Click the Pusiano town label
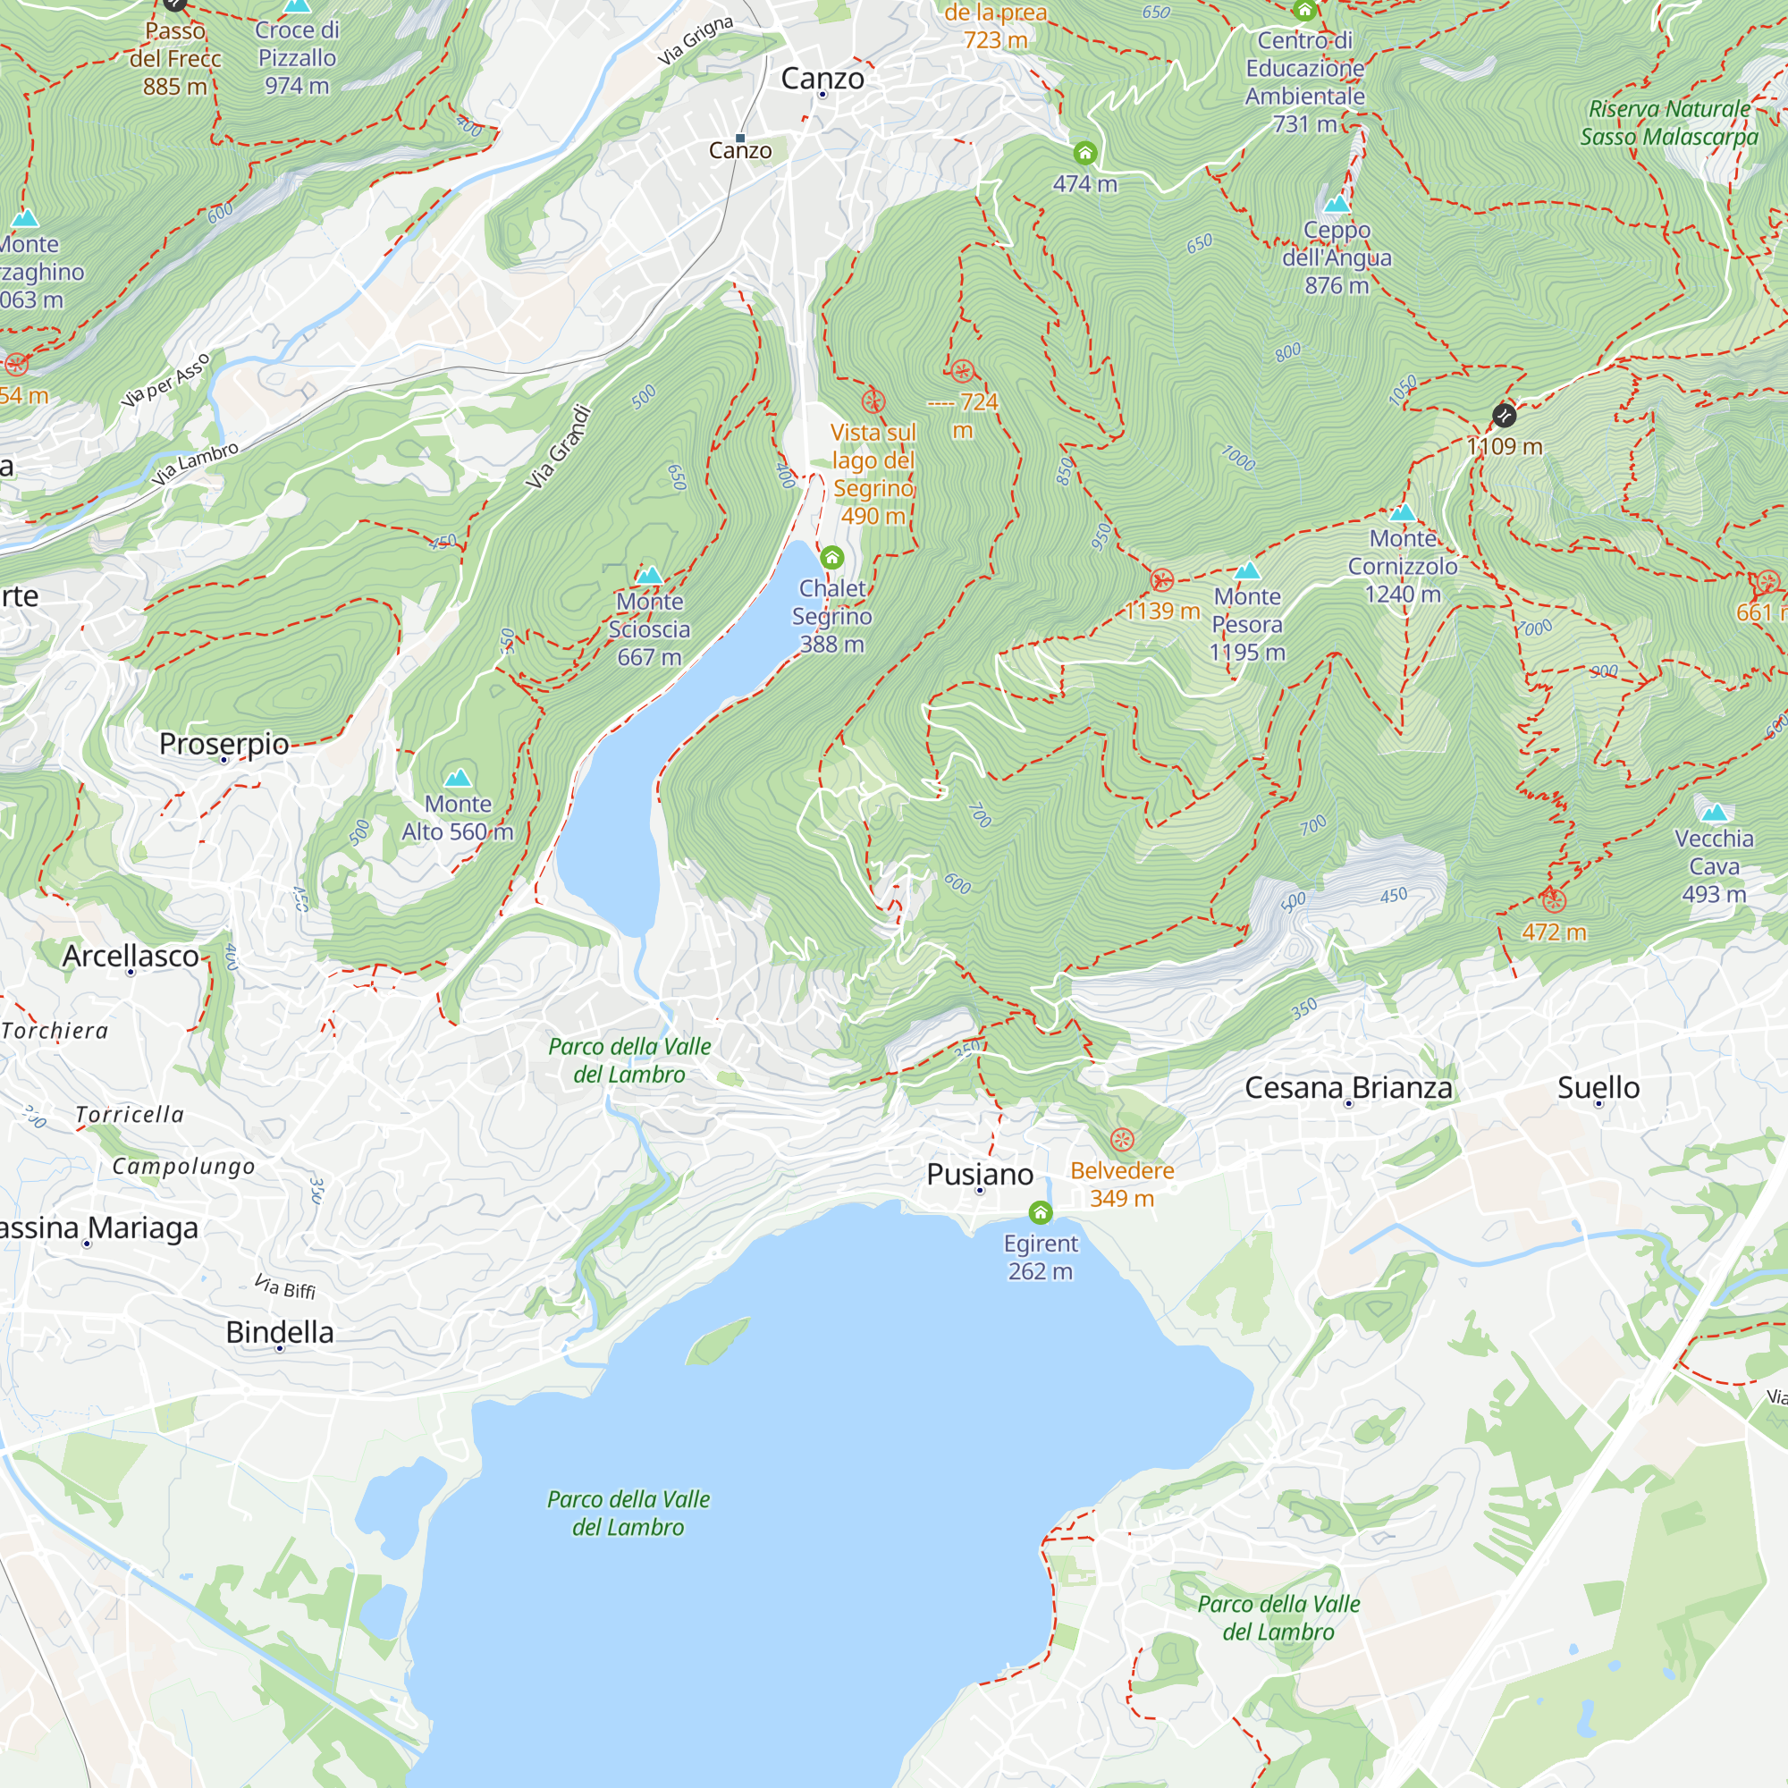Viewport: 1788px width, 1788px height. click(x=979, y=1175)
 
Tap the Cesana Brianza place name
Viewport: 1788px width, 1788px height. click(x=1347, y=1087)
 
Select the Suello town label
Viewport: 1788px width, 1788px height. click(x=1598, y=1087)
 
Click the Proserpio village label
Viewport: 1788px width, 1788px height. click(x=224, y=743)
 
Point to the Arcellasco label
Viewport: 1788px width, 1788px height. click(x=131, y=955)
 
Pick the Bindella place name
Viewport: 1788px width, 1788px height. click(x=280, y=1332)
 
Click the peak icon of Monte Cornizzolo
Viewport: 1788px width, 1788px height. click(x=1402, y=512)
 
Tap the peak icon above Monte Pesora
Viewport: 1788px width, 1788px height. click(x=1246, y=571)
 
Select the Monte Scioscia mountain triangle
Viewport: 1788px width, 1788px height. click(x=649, y=576)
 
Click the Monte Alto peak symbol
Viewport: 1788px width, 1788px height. click(x=457, y=779)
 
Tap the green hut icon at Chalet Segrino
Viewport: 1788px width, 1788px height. click(x=831, y=557)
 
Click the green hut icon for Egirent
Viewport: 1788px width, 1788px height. click(x=1040, y=1212)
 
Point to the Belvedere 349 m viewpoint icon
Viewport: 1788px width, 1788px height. click(x=1122, y=1139)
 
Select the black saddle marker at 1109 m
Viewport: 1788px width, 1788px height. click(x=1504, y=416)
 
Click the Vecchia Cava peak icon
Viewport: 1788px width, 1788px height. click(x=1714, y=813)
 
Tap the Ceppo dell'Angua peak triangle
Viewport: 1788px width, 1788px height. click(x=1336, y=204)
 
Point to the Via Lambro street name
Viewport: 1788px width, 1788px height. click(x=195, y=464)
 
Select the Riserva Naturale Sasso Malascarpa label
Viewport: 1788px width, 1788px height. click(x=1668, y=123)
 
